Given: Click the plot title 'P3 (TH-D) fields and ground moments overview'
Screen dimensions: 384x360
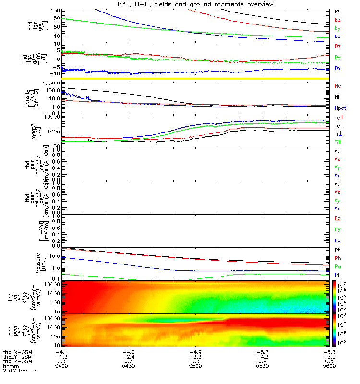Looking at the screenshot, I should pyautogui.click(x=195, y=4).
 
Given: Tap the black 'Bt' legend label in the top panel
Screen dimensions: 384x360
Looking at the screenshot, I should pyautogui.click(x=337, y=11).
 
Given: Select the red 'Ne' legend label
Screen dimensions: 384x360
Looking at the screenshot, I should pyautogui.click(x=337, y=86).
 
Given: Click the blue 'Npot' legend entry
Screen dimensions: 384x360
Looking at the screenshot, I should pyautogui.click(x=340, y=108).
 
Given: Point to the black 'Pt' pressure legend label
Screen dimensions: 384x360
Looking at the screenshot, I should pyautogui.click(x=337, y=251).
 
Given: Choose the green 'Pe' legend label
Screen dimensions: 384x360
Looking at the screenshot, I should pyautogui.click(x=337, y=266).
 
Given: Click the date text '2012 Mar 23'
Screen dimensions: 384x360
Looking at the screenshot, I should pyautogui.click(x=20, y=371).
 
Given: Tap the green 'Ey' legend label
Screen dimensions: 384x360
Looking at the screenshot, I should pyautogui.click(x=337, y=229).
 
